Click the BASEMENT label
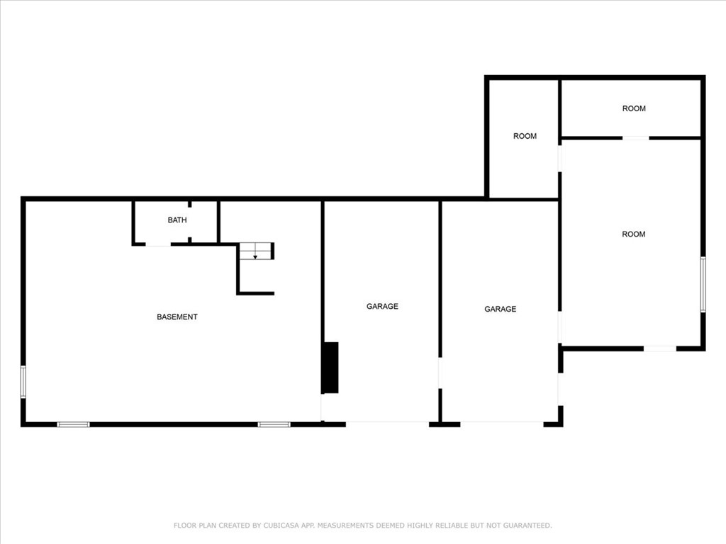(177, 317)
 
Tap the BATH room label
(177, 220)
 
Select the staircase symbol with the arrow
(256, 251)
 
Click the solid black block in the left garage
(330, 368)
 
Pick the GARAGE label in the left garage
(382, 307)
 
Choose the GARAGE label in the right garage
(500, 309)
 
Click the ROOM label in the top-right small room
(634, 108)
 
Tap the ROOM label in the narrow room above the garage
(525, 136)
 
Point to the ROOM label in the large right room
(633, 234)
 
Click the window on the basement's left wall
(23, 381)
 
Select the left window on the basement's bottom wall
(73, 424)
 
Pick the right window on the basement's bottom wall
(274, 424)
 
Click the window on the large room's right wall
(703, 284)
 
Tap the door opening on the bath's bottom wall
(158, 245)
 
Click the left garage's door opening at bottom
(387, 424)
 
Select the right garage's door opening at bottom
(502, 424)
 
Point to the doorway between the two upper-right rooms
(636, 137)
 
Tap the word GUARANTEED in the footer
(526, 526)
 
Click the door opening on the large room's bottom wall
(659, 348)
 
